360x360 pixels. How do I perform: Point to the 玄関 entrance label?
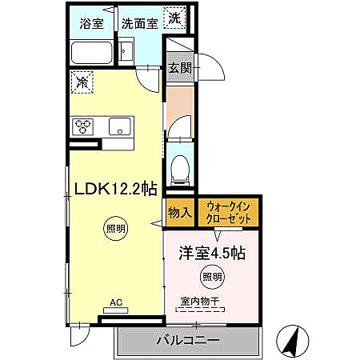[178, 68]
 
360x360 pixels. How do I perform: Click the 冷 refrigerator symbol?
[81, 80]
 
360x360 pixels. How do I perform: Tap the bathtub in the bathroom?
[92, 53]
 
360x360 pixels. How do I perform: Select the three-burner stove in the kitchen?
[84, 126]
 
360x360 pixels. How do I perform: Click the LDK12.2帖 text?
[115, 189]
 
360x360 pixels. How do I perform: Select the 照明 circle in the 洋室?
[212, 278]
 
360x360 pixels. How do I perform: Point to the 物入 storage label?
[179, 212]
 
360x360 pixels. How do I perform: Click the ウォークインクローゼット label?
[229, 212]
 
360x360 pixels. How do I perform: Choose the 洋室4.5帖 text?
[211, 253]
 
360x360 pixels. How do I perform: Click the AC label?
[116, 303]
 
